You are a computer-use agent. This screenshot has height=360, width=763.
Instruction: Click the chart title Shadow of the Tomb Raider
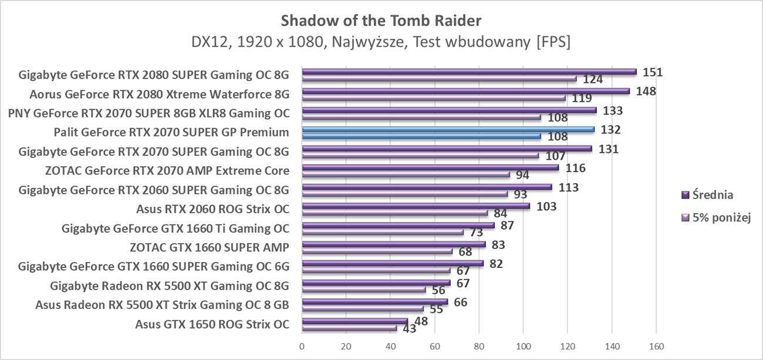coord(381,21)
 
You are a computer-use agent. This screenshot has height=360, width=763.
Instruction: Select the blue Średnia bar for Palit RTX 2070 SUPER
coord(448,129)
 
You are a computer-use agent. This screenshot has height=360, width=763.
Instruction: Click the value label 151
coord(652,72)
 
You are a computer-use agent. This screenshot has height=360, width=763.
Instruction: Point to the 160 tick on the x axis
coord(656,346)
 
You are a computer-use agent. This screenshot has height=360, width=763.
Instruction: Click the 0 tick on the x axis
coord(302,346)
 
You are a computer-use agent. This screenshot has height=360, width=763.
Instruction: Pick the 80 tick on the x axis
coord(479,346)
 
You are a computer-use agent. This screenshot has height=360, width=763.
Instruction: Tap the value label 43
coord(409,329)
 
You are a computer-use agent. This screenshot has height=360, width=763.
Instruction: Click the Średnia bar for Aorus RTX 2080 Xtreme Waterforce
coord(465,91)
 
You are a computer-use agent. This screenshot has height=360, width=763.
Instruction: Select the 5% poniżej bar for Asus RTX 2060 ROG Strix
coord(394,213)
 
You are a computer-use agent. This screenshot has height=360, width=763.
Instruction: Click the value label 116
coord(575,168)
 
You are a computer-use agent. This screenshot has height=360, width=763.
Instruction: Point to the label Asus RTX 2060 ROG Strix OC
coord(212,208)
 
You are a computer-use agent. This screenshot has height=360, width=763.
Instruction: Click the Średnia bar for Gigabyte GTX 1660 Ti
coord(398,225)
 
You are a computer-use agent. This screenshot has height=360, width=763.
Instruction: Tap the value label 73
coord(476,233)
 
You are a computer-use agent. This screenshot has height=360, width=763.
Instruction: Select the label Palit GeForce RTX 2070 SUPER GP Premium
coord(171,132)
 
